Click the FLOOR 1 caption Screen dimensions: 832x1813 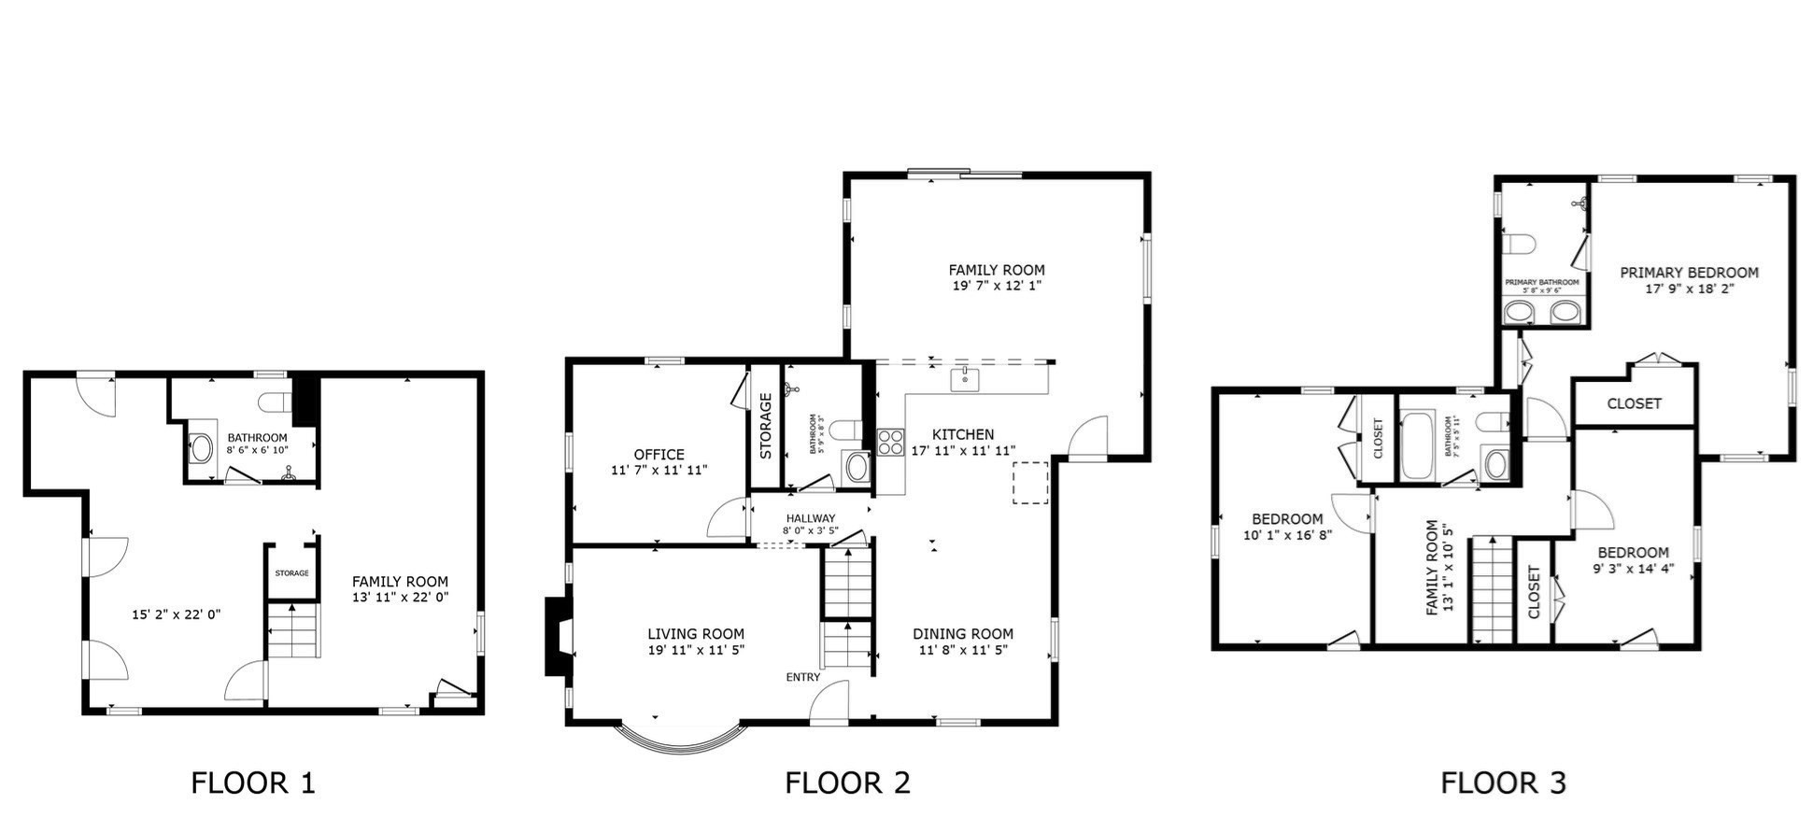tap(253, 783)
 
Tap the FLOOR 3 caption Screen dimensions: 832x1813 tap(1503, 783)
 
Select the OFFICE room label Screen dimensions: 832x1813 tap(659, 455)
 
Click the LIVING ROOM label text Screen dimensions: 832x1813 tap(696, 634)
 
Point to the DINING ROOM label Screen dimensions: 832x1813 tap(962, 634)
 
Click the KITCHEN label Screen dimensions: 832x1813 tap(962, 434)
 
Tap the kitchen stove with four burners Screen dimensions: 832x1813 tap(890, 441)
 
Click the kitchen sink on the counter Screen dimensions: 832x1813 tap(965, 379)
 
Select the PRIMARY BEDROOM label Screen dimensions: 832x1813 tap(1689, 273)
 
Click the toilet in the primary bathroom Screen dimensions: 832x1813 tap(1521, 245)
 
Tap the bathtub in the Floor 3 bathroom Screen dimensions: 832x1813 tap(1418, 445)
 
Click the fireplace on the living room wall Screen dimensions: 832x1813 tap(559, 636)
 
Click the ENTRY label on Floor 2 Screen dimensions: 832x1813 tap(803, 677)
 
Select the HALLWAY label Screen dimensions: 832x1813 tap(810, 518)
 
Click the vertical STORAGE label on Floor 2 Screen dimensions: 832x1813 tap(766, 426)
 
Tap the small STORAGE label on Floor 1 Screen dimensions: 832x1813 tap(291, 573)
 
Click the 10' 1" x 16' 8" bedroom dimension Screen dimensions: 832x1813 tap(1287, 536)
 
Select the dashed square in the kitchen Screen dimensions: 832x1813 tap(1030, 483)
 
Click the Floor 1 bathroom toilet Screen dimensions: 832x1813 tap(276, 402)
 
